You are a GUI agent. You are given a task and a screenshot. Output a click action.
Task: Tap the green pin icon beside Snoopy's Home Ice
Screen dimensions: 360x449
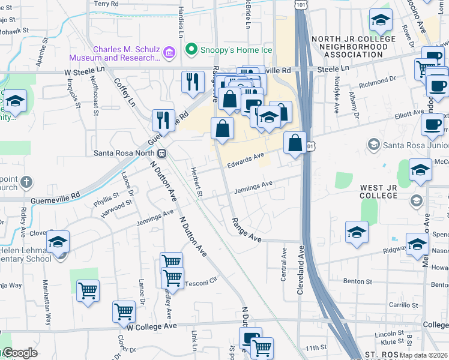point(191,49)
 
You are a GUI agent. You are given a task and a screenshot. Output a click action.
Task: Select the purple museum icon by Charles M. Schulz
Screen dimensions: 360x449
point(169,53)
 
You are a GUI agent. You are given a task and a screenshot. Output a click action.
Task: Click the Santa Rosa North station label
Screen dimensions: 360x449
point(127,152)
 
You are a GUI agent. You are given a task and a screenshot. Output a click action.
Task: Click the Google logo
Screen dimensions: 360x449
point(19,353)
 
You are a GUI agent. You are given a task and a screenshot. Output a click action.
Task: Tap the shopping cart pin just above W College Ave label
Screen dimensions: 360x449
point(124,311)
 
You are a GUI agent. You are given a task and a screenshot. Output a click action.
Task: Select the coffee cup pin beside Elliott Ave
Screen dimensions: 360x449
point(432,125)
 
